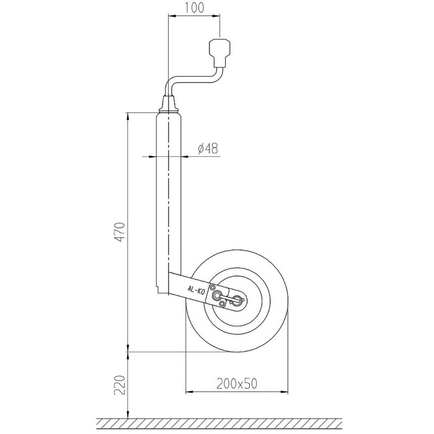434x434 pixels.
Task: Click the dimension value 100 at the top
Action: pyautogui.click(x=193, y=7)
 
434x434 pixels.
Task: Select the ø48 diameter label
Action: pyautogui.click(x=208, y=149)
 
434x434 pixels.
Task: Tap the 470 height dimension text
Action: pyautogui.click(x=120, y=232)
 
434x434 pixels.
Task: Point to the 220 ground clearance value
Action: pyautogui.click(x=120, y=384)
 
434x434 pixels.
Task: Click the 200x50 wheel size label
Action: pyautogui.click(x=237, y=383)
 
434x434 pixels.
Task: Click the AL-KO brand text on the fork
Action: pyautogui.click(x=196, y=290)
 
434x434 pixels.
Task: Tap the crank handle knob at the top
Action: pyautogui.click(x=219, y=53)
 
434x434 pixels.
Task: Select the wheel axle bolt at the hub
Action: pyautogui.click(x=237, y=299)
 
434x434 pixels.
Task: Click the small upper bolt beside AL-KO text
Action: pyautogui.click(x=213, y=286)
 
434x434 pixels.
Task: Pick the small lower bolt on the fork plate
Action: pyautogui.click(x=222, y=304)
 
